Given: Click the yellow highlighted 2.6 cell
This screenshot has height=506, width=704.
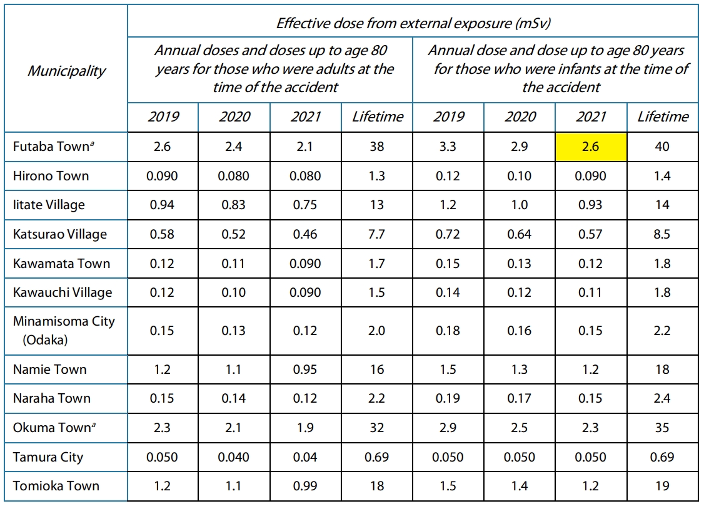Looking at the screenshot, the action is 591,147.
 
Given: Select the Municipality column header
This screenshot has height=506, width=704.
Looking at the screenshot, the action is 66,71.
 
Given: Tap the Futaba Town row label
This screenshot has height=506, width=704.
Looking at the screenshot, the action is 53,147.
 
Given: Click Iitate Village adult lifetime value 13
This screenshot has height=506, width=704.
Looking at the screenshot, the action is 376,205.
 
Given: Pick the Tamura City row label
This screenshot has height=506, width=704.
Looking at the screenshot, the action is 48,457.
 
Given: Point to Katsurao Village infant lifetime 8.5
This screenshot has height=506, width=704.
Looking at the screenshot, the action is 662,234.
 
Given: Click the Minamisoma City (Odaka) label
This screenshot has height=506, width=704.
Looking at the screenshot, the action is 64,330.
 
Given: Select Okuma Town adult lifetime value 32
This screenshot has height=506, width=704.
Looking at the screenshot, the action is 376,427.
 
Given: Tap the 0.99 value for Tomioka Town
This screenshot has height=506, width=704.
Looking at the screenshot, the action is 305,486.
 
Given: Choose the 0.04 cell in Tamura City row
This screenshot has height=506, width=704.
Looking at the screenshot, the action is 305,457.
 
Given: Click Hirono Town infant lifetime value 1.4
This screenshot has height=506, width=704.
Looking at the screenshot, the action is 662,176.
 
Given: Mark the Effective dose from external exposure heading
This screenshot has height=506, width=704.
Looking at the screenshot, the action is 413,23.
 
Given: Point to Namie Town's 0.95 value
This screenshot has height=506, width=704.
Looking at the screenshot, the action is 305,369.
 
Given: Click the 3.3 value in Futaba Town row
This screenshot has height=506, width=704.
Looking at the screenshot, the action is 448,147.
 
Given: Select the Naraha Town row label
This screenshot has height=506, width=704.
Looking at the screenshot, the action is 52,398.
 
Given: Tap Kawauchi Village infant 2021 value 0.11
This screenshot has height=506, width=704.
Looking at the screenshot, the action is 590,292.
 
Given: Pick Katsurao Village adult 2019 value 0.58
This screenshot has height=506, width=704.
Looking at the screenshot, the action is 162,234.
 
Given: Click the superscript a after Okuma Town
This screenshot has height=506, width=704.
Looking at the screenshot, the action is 93,424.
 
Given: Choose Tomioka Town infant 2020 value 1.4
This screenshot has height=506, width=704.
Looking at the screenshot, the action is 520,486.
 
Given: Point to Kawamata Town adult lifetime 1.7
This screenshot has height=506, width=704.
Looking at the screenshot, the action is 376,264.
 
